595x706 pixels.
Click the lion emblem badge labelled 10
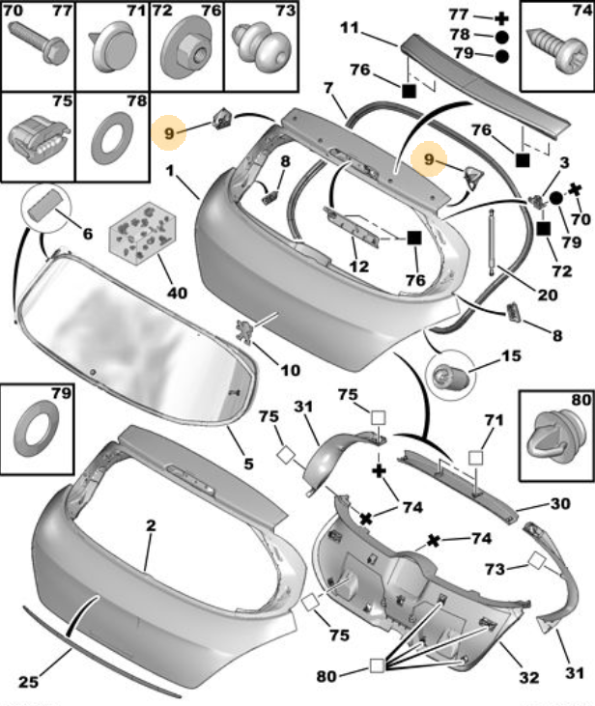[x=244, y=331]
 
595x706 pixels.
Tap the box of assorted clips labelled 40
[x=143, y=233]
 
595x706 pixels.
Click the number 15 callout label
[x=511, y=355]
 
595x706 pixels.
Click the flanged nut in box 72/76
[x=187, y=47]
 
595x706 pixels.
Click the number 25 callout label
[x=28, y=681]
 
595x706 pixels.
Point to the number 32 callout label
[x=528, y=677]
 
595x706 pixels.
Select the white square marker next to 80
[x=377, y=665]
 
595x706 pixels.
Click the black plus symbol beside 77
[x=501, y=18]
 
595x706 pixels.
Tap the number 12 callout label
[x=359, y=267]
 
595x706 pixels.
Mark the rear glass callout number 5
[x=248, y=463]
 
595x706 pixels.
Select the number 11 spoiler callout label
[x=350, y=28]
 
